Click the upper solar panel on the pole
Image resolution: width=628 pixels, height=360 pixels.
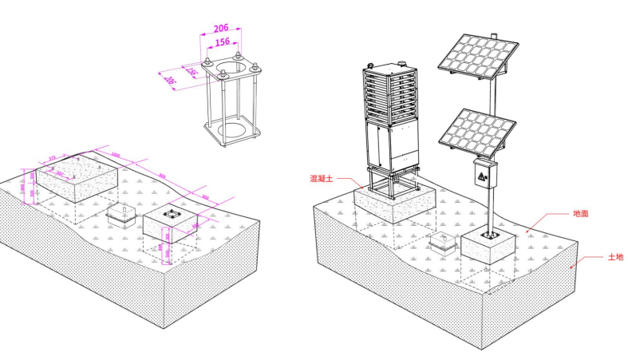[477, 60]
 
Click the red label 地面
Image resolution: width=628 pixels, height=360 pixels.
[580, 214]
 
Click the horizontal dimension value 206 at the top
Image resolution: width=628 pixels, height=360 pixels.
[222, 29]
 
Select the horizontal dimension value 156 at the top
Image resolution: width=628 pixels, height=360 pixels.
[222, 42]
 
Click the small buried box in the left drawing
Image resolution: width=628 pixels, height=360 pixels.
[122, 214]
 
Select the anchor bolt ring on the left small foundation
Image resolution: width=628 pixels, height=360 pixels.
[172, 214]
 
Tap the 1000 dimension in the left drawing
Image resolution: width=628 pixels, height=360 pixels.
[116, 156]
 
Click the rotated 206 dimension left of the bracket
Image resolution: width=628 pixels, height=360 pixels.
[169, 81]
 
